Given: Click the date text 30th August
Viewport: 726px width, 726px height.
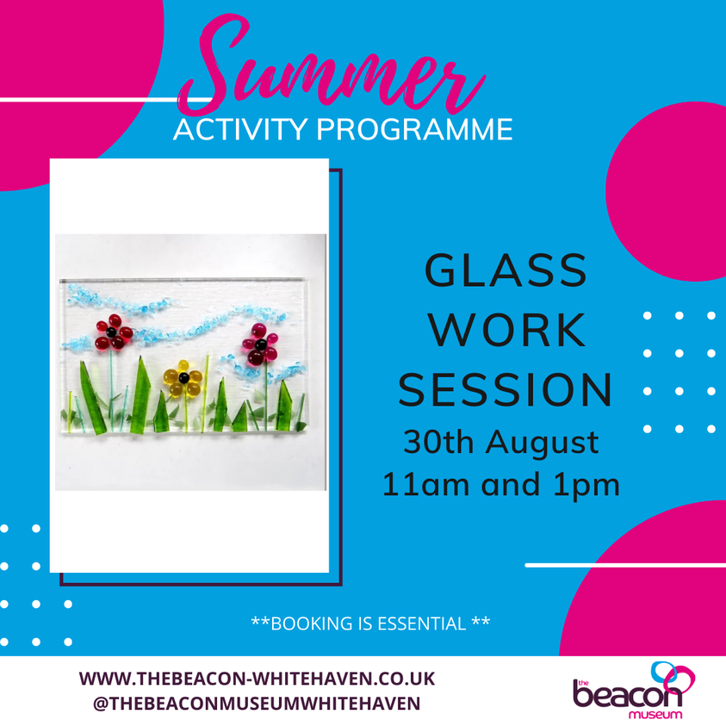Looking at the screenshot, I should click(x=501, y=443).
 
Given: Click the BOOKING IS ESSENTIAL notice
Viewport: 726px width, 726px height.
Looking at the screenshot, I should click(x=369, y=622).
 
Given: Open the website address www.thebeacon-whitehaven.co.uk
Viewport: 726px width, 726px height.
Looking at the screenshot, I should click(x=257, y=679).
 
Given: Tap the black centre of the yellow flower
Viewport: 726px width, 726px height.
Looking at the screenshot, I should click(x=183, y=376).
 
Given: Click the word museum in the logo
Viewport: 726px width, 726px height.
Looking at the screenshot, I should click(x=655, y=713).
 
